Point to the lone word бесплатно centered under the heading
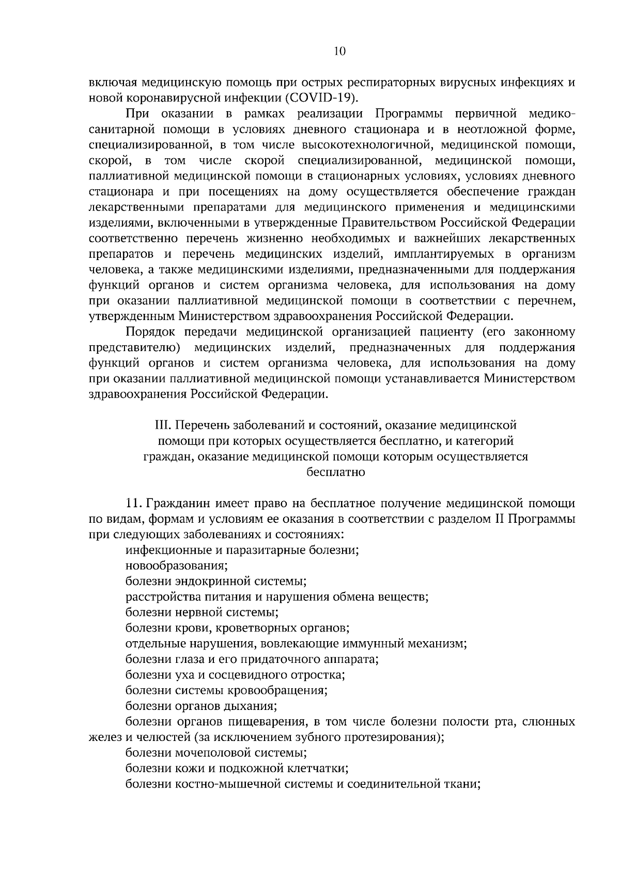[336, 472]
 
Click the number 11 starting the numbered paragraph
[133, 503]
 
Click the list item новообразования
[177, 566]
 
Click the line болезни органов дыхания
[202, 706]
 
